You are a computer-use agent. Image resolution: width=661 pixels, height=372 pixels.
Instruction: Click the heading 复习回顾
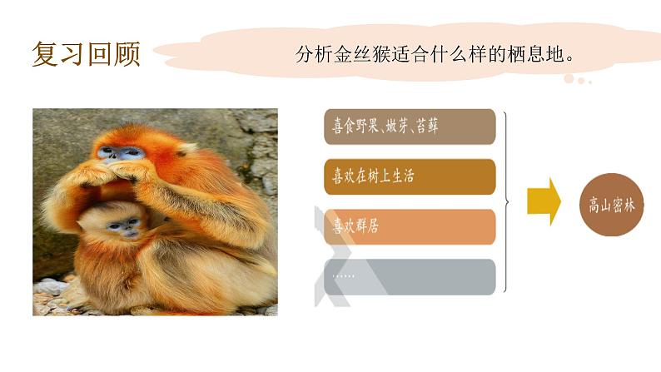click(86, 54)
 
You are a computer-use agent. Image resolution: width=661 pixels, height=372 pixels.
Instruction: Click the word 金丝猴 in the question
click(360, 56)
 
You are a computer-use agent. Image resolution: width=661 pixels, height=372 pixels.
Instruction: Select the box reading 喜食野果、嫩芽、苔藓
click(411, 126)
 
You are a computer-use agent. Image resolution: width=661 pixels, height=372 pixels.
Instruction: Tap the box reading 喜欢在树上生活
click(411, 176)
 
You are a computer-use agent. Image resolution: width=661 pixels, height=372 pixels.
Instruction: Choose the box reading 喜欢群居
click(411, 226)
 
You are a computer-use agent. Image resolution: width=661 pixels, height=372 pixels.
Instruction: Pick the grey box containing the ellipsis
click(411, 276)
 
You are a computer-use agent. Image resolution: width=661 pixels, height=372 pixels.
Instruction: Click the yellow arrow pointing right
click(544, 201)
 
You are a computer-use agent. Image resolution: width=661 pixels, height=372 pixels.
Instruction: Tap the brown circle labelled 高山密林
click(612, 205)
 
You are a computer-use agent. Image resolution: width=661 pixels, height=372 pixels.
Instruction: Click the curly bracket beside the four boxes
click(506, 201)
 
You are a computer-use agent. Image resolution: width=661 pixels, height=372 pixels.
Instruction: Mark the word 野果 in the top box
click(368, 127)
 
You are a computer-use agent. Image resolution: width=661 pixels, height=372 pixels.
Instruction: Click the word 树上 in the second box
click(380, 176)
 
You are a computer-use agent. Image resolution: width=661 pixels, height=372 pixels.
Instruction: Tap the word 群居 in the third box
click(367, 226)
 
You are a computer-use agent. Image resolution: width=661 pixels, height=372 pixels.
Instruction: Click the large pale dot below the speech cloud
click(569, 79)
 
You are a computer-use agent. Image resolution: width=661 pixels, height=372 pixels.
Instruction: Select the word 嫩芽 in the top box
click(398, 127)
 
